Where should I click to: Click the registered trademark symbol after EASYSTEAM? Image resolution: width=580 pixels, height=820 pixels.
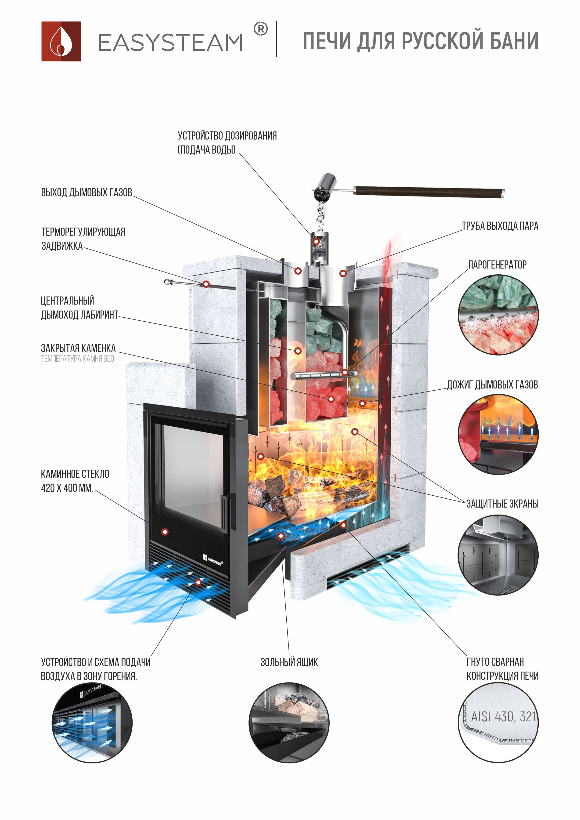click(260, 29)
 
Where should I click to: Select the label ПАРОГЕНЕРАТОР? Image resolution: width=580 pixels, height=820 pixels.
click(497, 265)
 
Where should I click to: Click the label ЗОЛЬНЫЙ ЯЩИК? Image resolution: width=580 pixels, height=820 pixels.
click(289, 662)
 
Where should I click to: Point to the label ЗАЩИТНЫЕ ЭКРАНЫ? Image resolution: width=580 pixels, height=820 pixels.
click(502, 504)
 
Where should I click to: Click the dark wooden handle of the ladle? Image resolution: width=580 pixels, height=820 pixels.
click(429, 192)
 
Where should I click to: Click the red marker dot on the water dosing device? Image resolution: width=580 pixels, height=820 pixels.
click(316, 242)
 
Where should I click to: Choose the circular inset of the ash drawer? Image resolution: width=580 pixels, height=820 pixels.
click(288, 722)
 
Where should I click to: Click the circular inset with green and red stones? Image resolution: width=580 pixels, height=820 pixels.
click(498, 314)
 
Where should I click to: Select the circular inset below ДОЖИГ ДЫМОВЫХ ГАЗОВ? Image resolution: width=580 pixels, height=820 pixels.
click(498, 434)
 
